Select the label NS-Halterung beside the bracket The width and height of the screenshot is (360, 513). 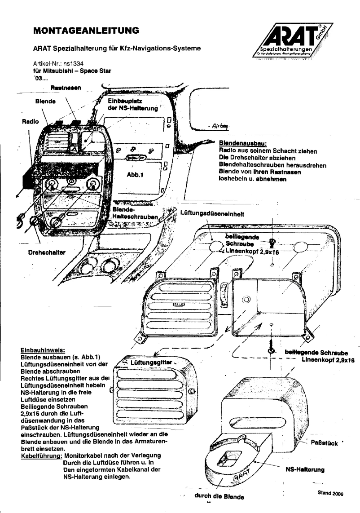tap(305, 469)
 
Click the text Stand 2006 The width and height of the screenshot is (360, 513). tap(329, 492)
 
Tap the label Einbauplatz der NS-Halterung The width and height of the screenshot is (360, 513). tap(132, 105)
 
